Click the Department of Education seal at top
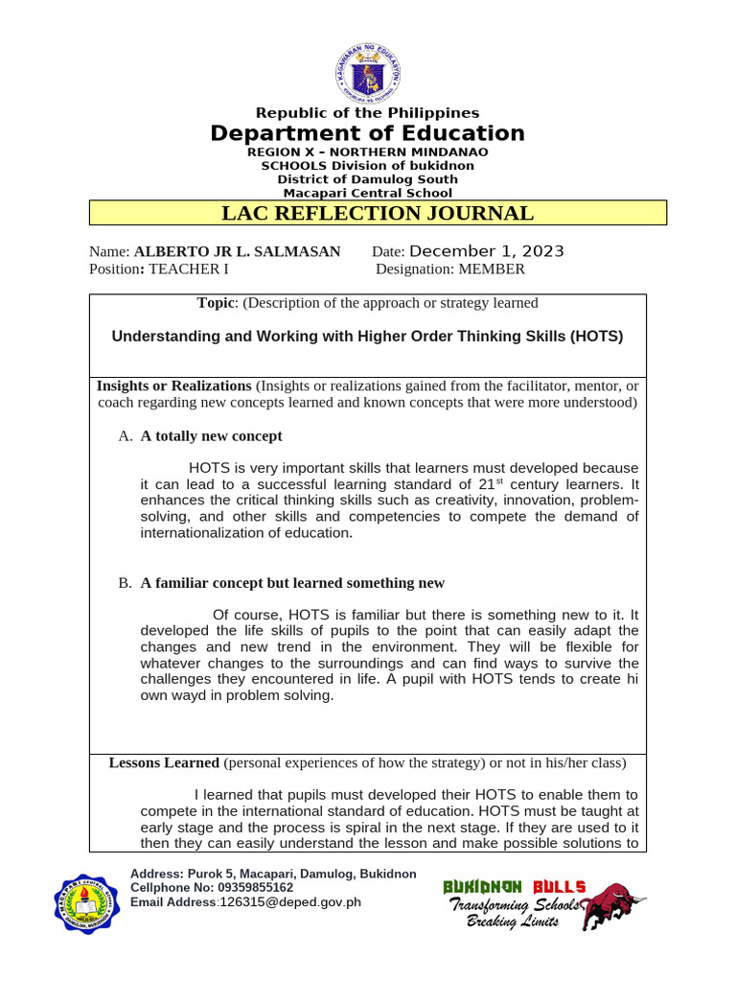(368, 67)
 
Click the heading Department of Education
(368, 133)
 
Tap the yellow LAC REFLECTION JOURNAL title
(378, 213)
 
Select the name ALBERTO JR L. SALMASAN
(237, 252)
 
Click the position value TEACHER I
(188, 269)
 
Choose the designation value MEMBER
(492, 269)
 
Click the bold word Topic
(216, 303)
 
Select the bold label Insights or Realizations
(173, 386)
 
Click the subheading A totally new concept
(211, 436)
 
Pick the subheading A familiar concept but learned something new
(292, 583)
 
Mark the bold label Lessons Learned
(164, 763)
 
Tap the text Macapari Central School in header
(368, 193)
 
